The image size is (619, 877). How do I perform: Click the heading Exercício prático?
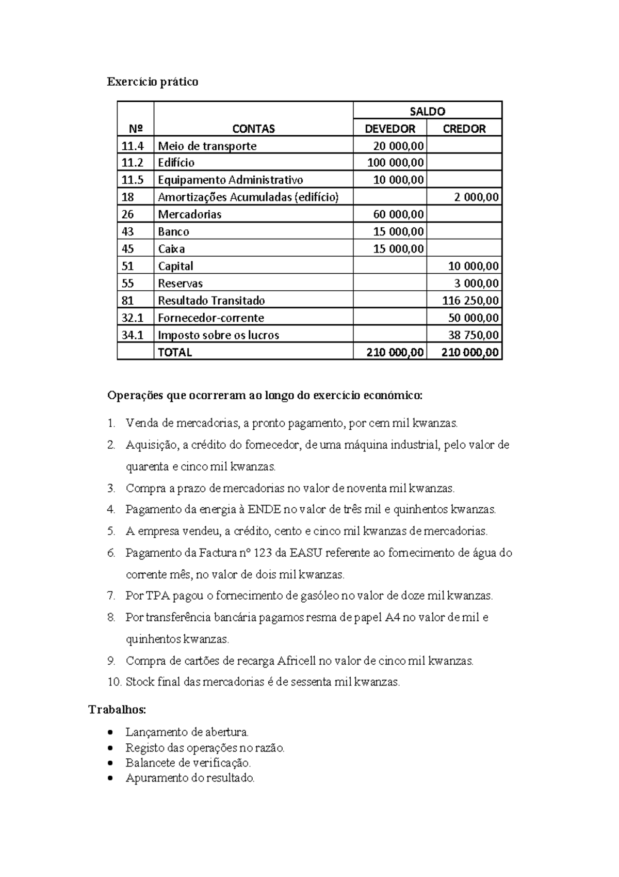point(152,82)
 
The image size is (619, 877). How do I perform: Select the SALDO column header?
point(427,111)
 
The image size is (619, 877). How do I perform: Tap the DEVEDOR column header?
point(390,129)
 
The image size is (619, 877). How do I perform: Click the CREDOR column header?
point(464,129)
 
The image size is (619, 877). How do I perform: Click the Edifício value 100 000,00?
point(396,163)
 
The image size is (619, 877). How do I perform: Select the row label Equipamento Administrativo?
point(231,180)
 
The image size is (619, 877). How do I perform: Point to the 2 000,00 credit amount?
point(478,197)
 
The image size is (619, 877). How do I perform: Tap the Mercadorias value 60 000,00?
point(398,214)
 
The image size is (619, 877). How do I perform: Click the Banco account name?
point(173,231)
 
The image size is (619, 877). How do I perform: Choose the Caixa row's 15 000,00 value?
point(398,248)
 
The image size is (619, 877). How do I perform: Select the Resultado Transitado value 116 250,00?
point(470,300)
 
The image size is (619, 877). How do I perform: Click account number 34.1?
point(132,335)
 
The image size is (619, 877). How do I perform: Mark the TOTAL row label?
point(175,352)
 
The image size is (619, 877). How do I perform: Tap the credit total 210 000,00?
point(470,352)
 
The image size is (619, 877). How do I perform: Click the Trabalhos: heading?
point(118,709)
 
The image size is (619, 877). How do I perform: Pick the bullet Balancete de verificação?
point(188,762)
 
